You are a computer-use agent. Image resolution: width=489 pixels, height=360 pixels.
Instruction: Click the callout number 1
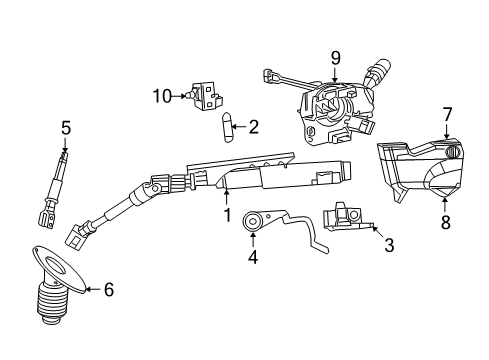click(227, 215)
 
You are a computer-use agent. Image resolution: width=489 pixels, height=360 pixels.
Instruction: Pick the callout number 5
click(65, 127)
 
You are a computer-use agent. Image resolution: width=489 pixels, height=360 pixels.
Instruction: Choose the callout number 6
click(109, 290)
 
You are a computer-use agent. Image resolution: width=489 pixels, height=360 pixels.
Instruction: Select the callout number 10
click(162, 96)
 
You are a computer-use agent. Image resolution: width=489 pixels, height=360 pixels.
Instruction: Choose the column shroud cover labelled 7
click(415, 170)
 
